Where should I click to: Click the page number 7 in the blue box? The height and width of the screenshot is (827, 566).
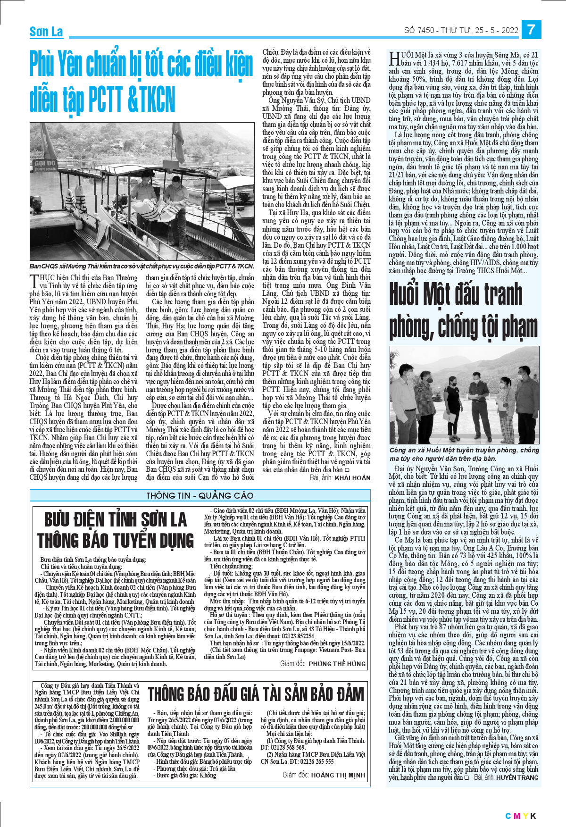[531, 30]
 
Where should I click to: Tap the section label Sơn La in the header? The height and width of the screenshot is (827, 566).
[46, 32]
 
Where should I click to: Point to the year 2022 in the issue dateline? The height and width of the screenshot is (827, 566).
[510, 30]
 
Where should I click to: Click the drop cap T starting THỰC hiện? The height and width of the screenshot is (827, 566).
[33, 282]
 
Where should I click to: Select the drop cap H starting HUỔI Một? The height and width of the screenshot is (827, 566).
[394, 59]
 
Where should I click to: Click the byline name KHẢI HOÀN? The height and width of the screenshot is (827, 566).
[352, 478]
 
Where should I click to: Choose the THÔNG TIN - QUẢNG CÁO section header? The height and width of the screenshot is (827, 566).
[200, 495]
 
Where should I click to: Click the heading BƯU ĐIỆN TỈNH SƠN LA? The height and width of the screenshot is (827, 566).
[115, 520]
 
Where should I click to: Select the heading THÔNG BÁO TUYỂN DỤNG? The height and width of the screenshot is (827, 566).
[115, 541]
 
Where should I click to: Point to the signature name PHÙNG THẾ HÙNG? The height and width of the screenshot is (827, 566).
[337, 663]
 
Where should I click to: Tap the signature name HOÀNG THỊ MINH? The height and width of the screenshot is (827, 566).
[338, 775]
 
